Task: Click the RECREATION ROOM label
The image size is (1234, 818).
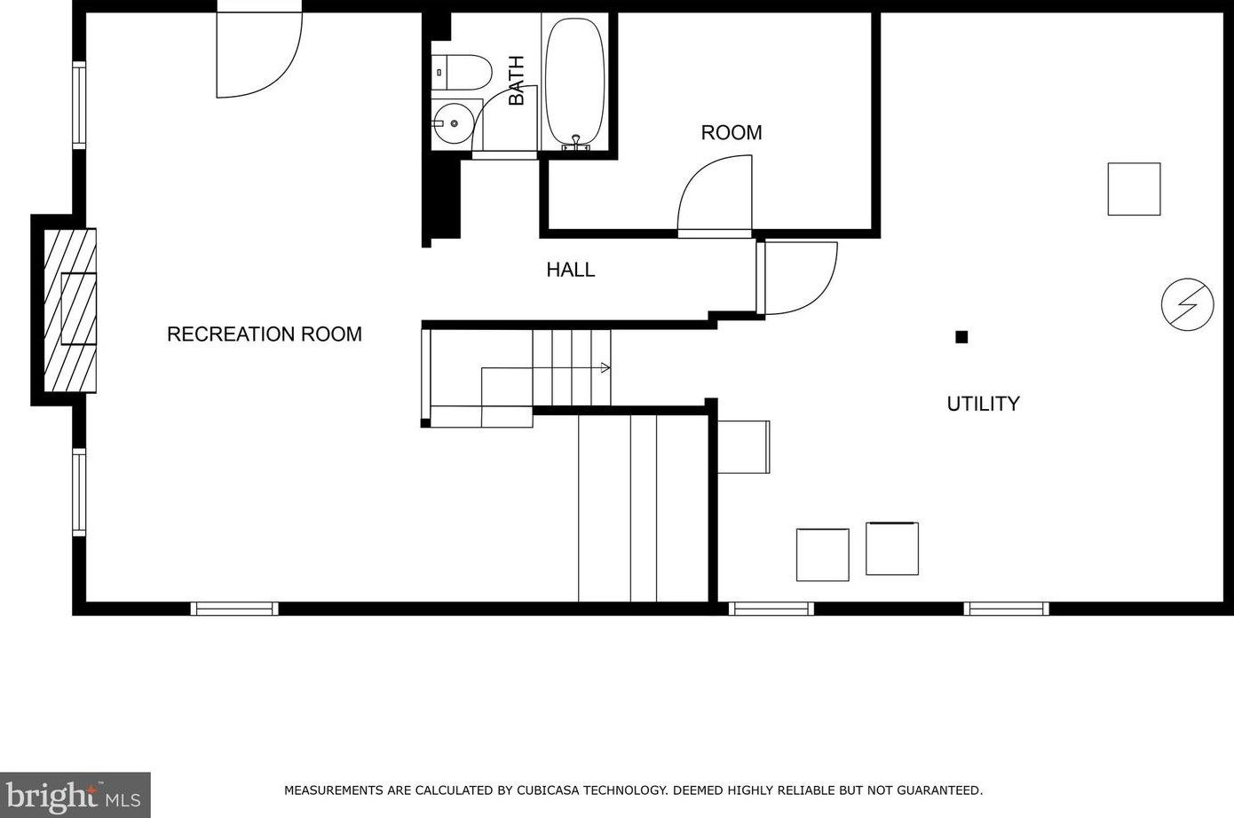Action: pyautogui.click(x=265, y=334)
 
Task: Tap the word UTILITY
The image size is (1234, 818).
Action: pyautogui.click(x=984, y=404)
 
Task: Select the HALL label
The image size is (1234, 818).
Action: pyautogui.click(x=571, y=270)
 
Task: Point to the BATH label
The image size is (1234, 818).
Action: pyautogui.click(x=517, y=81)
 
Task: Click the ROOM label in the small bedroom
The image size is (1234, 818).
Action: pyautogui.click(x=732, y=133)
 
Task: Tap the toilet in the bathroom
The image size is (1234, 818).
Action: pyautogui.click(x=461, y=72)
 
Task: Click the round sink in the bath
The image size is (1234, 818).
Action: pyautogui.click(x=453, y=123)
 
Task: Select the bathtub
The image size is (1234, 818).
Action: pyautogui.click(x=574, y=82)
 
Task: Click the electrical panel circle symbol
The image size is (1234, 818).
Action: pyautogui.click(x=1187, y=304)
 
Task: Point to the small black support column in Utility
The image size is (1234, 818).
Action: pyautogui.click(x=961, y=337)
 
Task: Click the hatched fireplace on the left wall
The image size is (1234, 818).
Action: pyautogui.click(x=70, y=311)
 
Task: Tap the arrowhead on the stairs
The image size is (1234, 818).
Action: pyautogui.click(x=605, y=367)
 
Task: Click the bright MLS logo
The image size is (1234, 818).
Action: pyautogui.click(x=75, y=795)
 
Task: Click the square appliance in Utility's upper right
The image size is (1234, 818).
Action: pyautogui.click(x=1135, y=189)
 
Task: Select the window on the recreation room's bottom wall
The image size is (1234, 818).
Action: pyautogui.click(x=234, y=609)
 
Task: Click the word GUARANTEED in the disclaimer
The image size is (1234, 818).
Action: pyautogui.click(x=939, y=790)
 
